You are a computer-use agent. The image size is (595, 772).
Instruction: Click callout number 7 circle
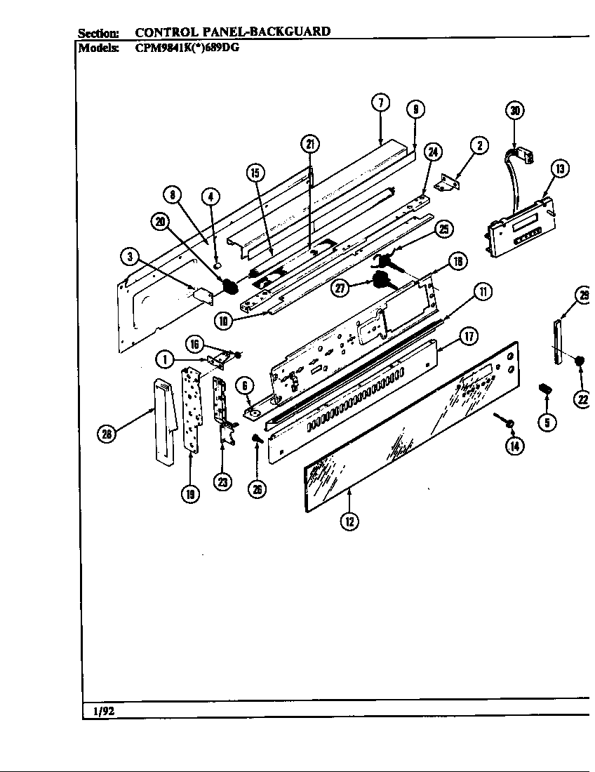click(x=380, y=102)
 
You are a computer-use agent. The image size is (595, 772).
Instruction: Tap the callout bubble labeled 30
click(x=515, y=110)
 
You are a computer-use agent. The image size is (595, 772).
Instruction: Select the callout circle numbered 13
click(x=559, y=168)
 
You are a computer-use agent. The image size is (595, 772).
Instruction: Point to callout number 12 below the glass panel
click(x=349, y=521)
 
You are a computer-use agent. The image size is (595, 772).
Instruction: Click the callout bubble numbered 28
click(x=107, y=435)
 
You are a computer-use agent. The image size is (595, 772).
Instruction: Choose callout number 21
click(x=309, y=144)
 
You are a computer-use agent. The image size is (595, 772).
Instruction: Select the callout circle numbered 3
click(x=128, y=257)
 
